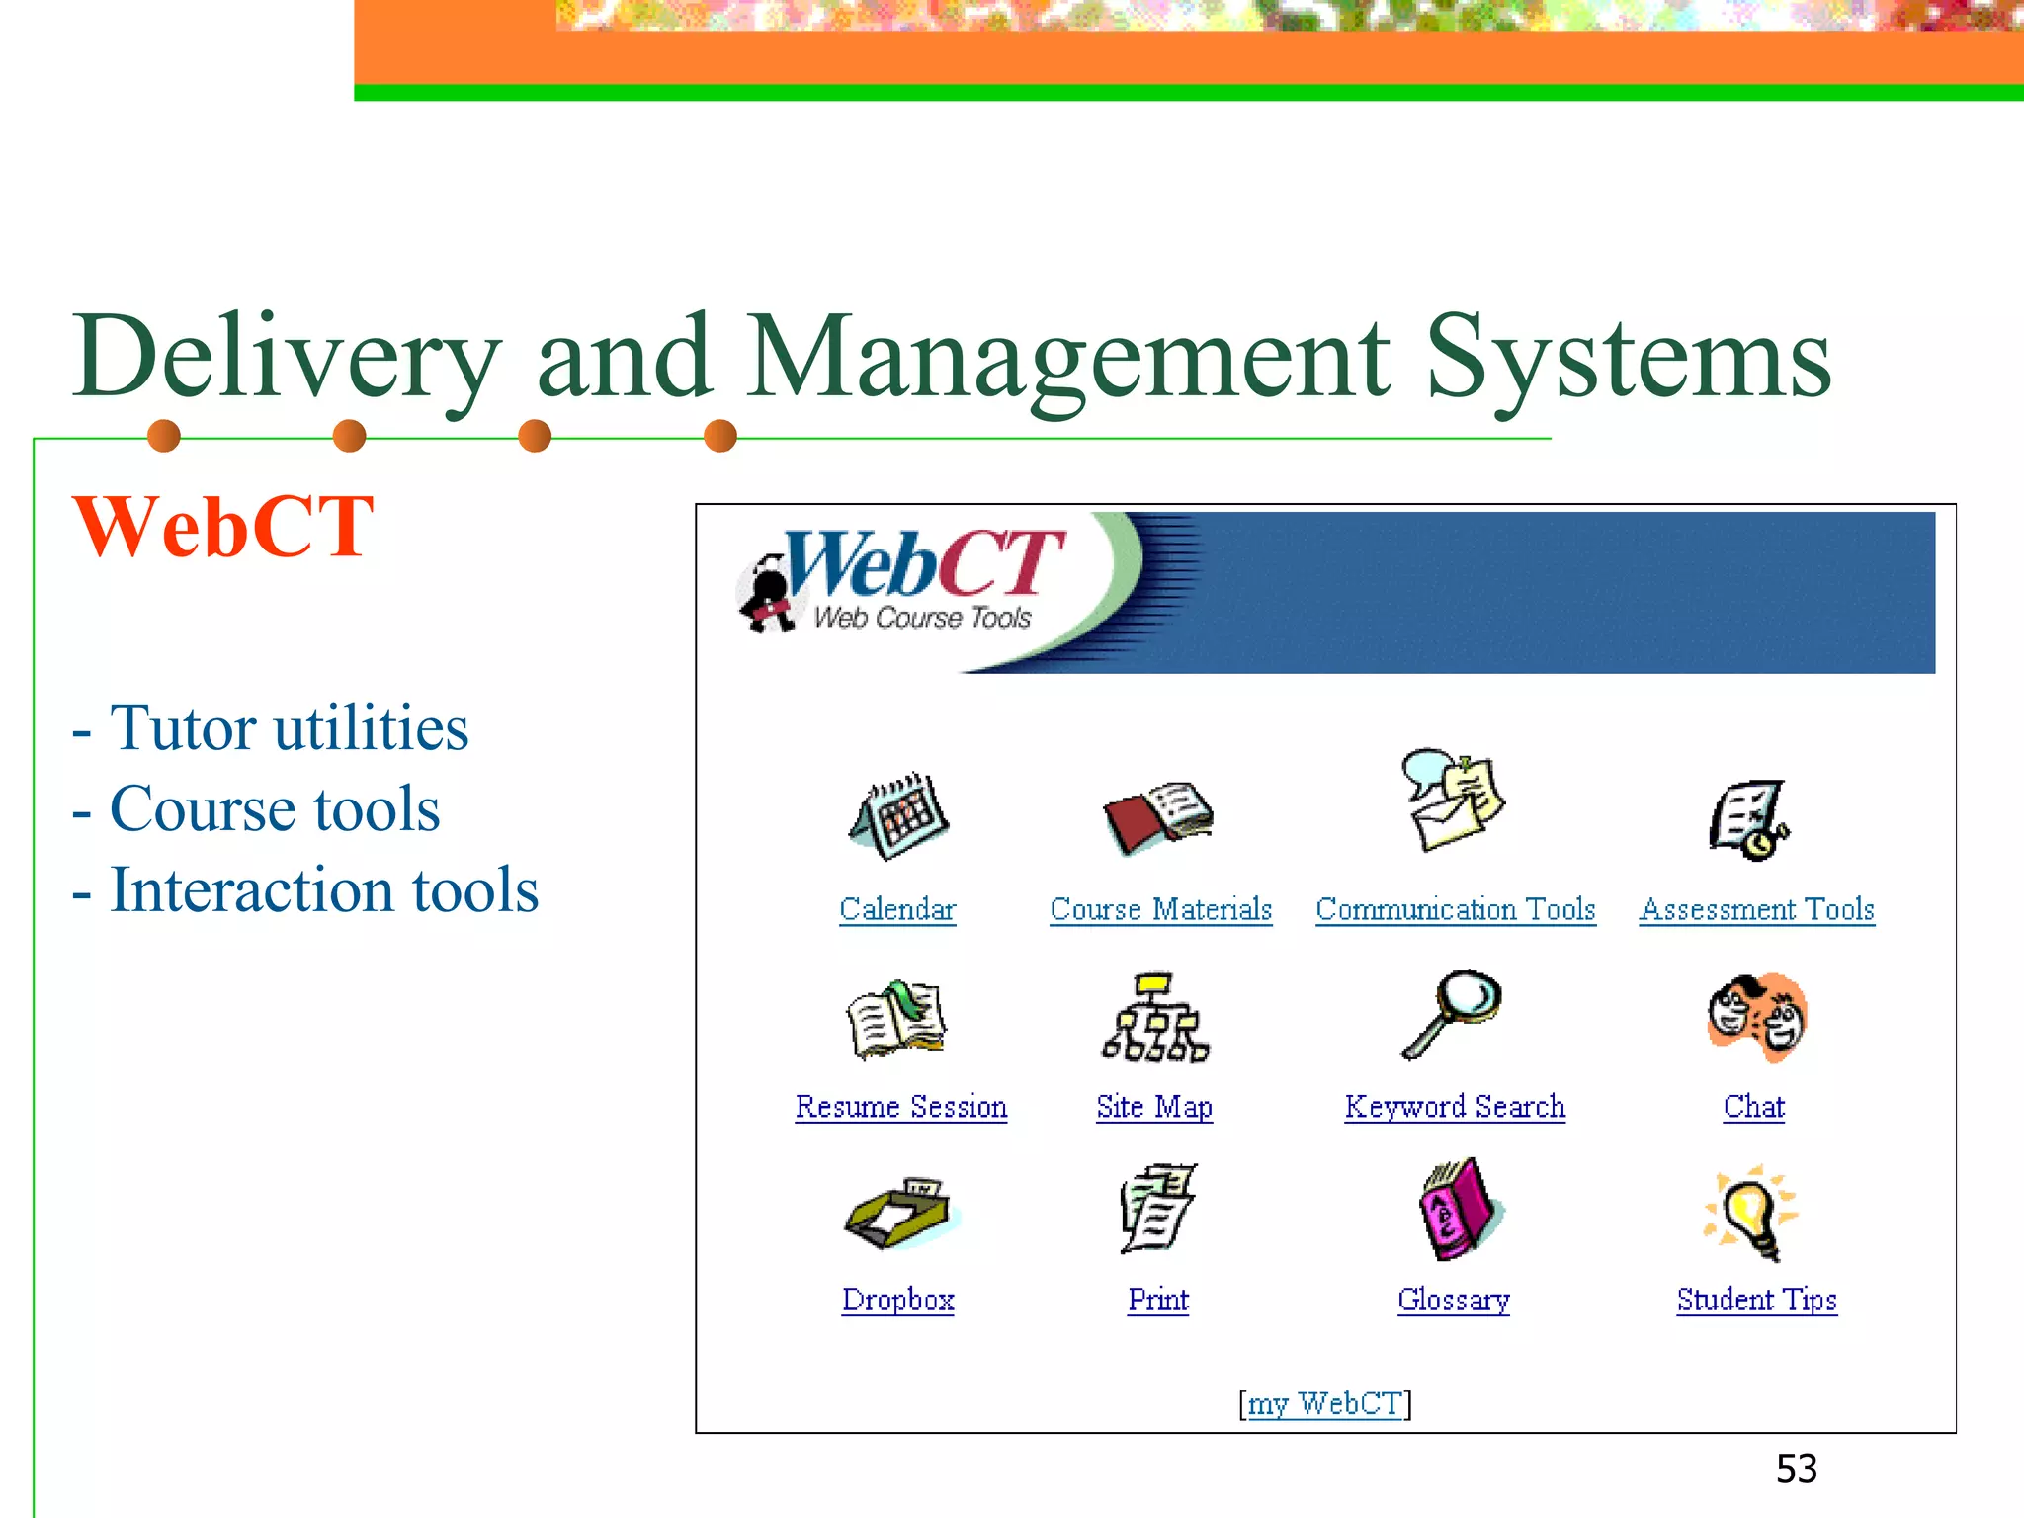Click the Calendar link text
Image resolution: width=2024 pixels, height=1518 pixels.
897,909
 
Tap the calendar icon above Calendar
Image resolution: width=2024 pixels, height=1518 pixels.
898,816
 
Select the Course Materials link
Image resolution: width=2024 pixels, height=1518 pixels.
1160,909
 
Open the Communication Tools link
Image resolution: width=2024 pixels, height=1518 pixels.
1455,909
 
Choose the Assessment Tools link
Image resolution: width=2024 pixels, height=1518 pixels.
1756,909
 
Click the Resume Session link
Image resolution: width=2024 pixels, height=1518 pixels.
900,1107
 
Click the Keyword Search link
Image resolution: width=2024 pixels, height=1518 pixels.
1454,1107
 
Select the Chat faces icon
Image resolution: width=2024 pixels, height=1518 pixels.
1757,1018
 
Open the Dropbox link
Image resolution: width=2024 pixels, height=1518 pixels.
897,1300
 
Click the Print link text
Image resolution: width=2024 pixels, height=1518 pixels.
1157,1300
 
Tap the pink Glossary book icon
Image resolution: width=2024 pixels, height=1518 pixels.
1457,1210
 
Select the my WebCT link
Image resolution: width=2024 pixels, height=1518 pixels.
1324,1403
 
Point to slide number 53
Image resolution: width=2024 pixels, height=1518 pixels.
1796,1469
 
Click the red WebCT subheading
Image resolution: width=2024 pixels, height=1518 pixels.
223,527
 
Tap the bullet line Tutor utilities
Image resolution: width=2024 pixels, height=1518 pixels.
287,728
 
